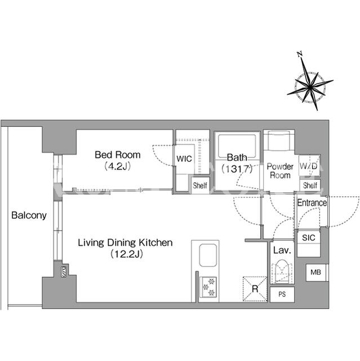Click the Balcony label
(29, 215)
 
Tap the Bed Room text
(118, 155)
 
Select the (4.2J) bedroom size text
(118, 166)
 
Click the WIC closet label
(184, 159)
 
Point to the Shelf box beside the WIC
(200, 186)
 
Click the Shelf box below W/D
(310, 185)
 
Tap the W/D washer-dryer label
(308, 166)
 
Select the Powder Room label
(280, 171)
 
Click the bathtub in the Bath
(237, 146)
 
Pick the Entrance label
(312, 203)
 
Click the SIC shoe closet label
(309, 237)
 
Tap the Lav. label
(282, 250)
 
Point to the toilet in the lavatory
(282, 271)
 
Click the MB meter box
(316, 272)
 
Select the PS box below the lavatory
(282, 294)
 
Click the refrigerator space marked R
(255, 289)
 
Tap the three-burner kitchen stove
(208, 287)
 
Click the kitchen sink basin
(208, 256)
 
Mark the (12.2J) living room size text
(127, 254)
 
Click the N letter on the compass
(300, 54)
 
